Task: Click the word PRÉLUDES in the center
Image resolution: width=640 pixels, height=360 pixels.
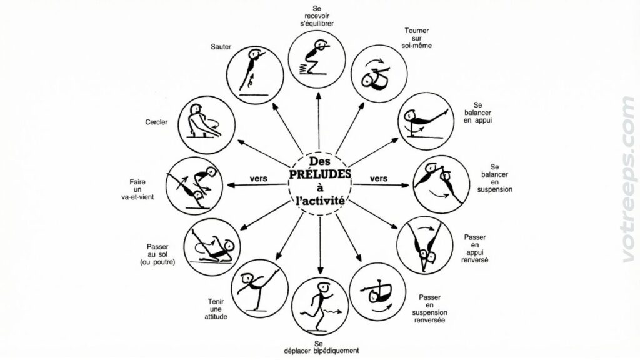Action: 320,174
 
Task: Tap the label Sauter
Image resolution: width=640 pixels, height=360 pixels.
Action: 221,47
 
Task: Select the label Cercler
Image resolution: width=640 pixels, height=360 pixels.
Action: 156,122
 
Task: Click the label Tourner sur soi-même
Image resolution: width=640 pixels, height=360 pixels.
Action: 416,38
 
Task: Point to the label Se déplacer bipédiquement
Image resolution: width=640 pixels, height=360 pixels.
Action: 321,347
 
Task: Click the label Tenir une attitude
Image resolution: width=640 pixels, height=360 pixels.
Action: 216,309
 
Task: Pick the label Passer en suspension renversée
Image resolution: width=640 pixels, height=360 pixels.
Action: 429,309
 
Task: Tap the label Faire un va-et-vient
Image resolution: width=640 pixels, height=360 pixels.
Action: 137,189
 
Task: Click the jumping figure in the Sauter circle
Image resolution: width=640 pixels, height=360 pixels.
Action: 251,69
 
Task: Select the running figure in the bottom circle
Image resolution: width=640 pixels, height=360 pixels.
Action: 321,307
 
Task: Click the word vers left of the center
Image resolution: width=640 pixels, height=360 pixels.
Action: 258,178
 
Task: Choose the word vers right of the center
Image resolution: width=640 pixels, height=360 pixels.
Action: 378,178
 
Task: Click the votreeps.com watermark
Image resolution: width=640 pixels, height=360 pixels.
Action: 629,179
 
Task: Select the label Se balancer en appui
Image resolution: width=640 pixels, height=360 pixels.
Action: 477,112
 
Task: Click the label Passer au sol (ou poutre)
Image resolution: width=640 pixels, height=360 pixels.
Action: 157,254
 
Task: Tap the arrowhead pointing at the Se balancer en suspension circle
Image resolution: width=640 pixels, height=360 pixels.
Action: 405,185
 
